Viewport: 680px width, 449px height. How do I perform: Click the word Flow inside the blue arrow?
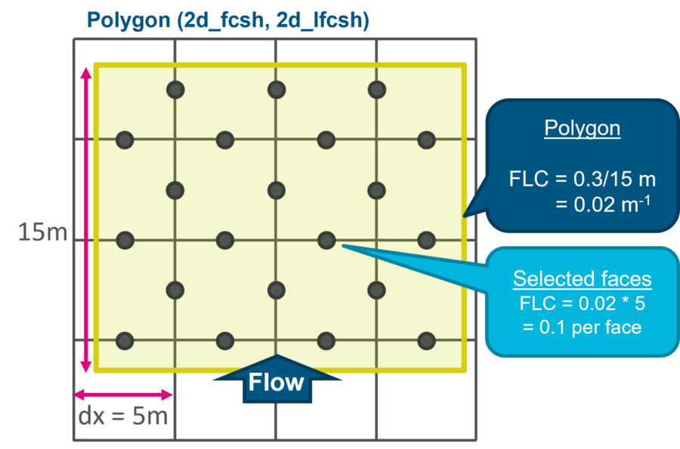pos(276,383)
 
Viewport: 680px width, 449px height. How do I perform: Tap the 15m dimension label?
pos(42,232)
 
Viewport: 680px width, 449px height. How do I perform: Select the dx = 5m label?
pos(123,417)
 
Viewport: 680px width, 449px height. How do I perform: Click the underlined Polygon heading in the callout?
pos(582,128)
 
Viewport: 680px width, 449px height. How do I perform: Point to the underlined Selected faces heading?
pos(582,279)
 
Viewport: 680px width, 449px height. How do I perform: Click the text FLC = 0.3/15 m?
pos(582,180)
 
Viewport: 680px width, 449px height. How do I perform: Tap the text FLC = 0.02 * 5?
pos(582,303)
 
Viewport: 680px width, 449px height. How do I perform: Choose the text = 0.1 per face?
pos(582,328)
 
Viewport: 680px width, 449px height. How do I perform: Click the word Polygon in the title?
pos(128,20)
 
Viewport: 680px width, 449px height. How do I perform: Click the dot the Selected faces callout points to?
pos(326,241)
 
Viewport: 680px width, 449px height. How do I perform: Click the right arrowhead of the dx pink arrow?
pos(168,395)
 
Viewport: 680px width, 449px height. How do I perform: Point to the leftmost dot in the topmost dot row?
pos(175,90)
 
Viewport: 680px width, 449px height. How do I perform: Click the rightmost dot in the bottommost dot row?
pos(427,341)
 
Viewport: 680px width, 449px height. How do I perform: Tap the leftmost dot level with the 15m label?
pos(125,241)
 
